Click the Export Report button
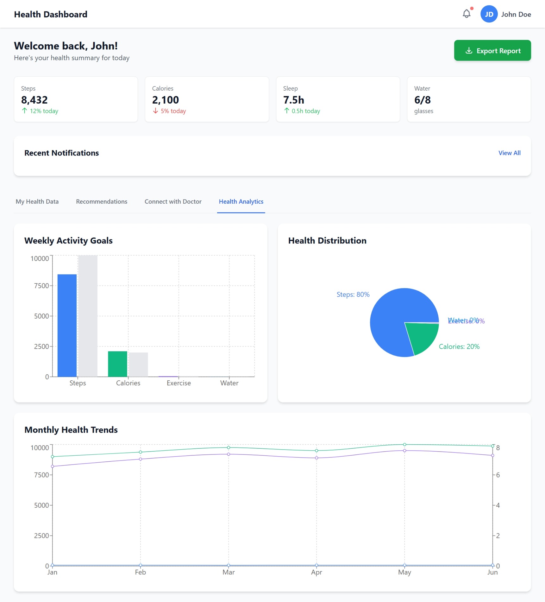point(492,51)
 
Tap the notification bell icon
point(466,14)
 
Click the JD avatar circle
point(489,14)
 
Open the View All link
point(509,153)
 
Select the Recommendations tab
point(102,202)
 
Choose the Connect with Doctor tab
point(173,202)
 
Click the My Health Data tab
point(37,202)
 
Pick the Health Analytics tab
point(241,202)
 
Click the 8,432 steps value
point(34,100)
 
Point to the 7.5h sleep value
point(293,100)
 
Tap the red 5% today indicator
point(170,111)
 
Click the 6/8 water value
point(422,100)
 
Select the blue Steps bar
point(67,325)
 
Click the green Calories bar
point(117,364)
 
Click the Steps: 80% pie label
point(353,295)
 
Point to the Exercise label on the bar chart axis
point(179,383)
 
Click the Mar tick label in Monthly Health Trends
point(229,573)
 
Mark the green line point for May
point(404,445)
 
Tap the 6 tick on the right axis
point(498,475)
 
